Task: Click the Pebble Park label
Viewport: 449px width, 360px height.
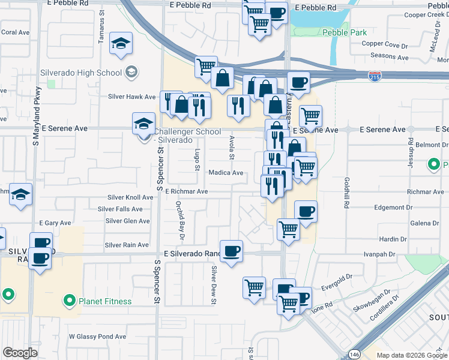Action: tap(344, 32)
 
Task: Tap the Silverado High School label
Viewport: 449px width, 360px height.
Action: tap(81, 73)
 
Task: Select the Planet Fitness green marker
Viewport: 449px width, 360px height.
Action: tap(70, 301)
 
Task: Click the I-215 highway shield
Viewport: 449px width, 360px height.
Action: tap(373, 76)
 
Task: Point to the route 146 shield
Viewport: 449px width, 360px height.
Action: tap(356, 353)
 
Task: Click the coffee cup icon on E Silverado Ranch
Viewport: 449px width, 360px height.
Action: tap(231, 250)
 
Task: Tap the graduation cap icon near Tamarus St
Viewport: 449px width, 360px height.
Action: tap(121, 43)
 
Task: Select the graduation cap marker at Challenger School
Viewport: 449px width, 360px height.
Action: tap(143, 123)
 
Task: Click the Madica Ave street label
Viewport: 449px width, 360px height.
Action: tap(226, 173)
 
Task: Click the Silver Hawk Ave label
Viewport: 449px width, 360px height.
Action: tap(132, 97)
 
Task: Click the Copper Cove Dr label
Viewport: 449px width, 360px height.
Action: tap(385, 44)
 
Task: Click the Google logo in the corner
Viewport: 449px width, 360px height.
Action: tap(20, 353)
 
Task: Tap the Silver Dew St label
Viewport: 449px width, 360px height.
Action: tap(213, 284)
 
